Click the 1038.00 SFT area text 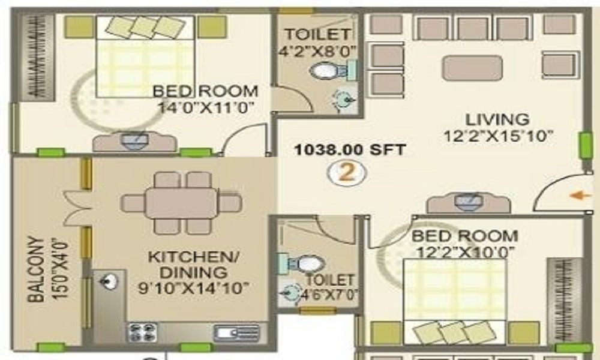point(350,149)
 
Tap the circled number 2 point(347,173)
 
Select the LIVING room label point(497,119)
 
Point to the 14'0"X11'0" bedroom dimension point(206,107)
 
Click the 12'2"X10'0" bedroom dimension point(465,252)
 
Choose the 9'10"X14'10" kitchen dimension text point(194,288)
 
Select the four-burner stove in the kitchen point(142,332)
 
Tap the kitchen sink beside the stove point(237,332)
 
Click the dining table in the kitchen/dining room point(181,203)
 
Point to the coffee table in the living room point(472,68)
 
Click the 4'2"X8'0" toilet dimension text point(317,51)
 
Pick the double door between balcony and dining point(77,209)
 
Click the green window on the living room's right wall point(586,145)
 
